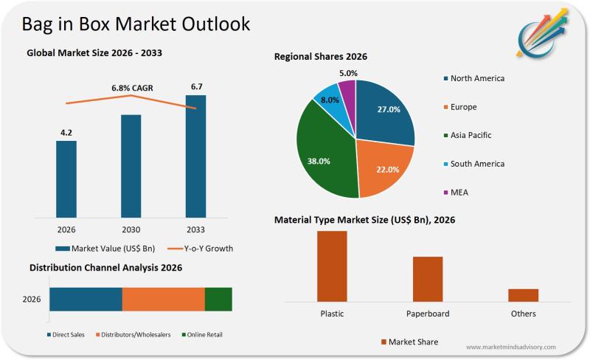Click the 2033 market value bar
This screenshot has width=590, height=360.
[x=195, y=156]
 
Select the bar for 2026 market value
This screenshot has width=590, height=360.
[x=66, y=179]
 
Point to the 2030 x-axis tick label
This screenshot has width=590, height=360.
[x=131, y=229]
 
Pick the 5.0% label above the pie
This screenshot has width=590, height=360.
[x=349, y=73]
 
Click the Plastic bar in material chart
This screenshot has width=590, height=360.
[x=332, y=266]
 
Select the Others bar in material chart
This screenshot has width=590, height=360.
[x=523, y=294]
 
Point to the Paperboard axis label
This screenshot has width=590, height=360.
[x=428, y=314]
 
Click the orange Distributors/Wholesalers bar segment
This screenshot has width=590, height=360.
[x=163, y=299]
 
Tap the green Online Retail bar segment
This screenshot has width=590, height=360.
[x=218, y=299]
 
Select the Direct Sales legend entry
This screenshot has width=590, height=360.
[x=67, y=334]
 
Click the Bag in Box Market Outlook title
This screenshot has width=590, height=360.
[x=136, y=24]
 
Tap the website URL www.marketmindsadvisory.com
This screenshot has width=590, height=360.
[x=511, y=347]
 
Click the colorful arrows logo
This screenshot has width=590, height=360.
[x=544, y=34]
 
